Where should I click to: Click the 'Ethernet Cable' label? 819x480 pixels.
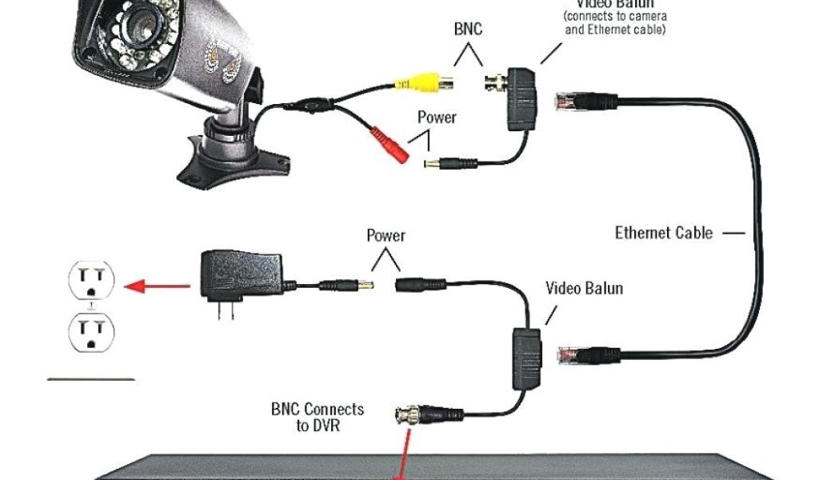(663, 233)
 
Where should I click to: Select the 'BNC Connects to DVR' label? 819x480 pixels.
(318, 417)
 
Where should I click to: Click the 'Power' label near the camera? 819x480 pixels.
(437, 118)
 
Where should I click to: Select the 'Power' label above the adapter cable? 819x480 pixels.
(386, 235)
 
